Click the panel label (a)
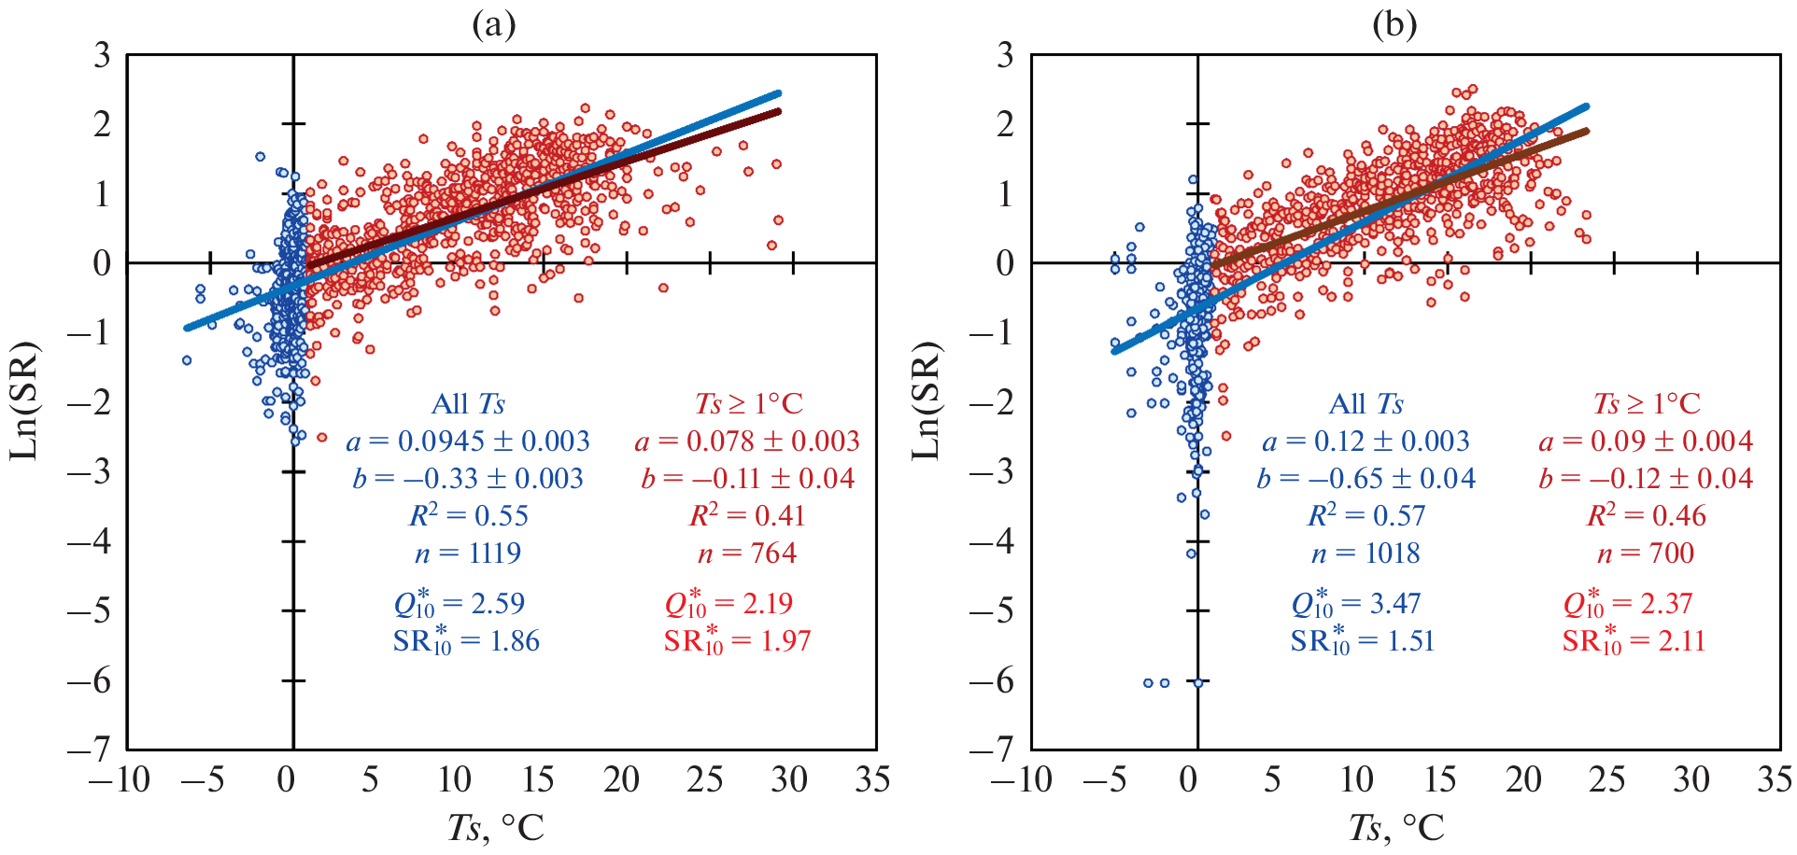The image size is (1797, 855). point(494,25)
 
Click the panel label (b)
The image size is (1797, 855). point(1394,25)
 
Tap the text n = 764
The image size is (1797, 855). point(747,554)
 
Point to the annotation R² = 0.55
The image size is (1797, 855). point(468,515)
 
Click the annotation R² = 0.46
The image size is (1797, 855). point(1646,515)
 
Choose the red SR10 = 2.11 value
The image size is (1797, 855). point(1634,641)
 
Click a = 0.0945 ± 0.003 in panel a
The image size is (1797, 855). point(468,442)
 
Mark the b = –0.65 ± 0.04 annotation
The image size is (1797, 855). point(1365,479)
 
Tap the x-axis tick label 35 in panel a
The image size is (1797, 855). point(872,779)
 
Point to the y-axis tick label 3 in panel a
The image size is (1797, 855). point(102,55)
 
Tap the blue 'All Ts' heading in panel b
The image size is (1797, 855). point(1365,404)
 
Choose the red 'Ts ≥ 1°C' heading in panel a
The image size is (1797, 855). point(748,404)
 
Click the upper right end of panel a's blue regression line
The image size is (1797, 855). point(777,94)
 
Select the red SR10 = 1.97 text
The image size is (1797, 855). point(737,641)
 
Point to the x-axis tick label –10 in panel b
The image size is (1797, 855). point(1020,779)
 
